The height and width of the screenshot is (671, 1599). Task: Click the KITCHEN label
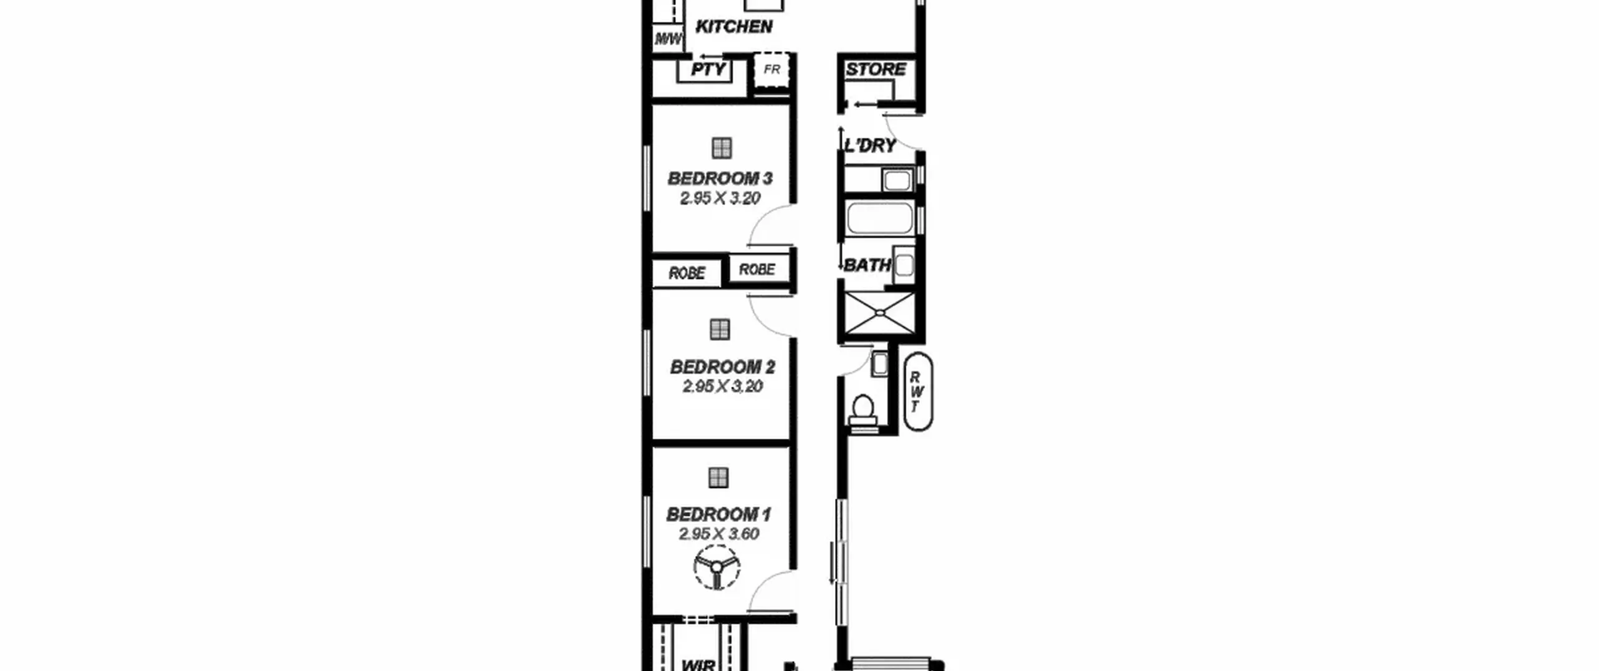pyautogui.click(x=734, y=27)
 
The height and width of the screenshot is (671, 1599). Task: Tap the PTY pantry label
pyautogui.click(x=708, y=69)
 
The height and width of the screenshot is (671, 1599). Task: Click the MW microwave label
pyautogui.click(x=668, y=39)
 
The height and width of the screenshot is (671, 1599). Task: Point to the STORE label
pyautogui.click(x=876, y=69)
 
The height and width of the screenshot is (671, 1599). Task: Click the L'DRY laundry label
pyautogui.click(x=870, y=146)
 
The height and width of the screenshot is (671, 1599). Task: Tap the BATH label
pyautogui.click(x=868, y=265)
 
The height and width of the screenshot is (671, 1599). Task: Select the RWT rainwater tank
pyautogui.click(x=918, y=391)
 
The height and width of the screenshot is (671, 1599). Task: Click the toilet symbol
pyautogui.click(x=863, y=413)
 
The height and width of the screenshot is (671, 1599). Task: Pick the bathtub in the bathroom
pyautogui.click(x=879, y=218)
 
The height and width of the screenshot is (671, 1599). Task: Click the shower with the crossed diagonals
pyautogui.click(x=879, y=313)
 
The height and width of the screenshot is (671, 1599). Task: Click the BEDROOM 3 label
pyautogui.click(x=720, y=179)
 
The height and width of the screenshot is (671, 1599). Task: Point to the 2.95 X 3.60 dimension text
pyautogui.click(x=719, y=534)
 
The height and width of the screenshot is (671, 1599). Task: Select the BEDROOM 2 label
pyautogui.click(x=723, y=367)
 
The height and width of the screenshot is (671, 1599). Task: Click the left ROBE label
pyautogui.click(x=687, y=273)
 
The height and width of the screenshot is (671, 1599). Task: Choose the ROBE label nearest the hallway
pyautogui.click(x=757, y=270)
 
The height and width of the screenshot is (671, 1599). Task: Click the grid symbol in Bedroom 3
pyautogui.click(x=721, y=149)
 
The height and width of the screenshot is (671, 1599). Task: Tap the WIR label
pyautogui.click(x=698, y=665)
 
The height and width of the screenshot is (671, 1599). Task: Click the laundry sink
pyautogui.click(x=898, y=180)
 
